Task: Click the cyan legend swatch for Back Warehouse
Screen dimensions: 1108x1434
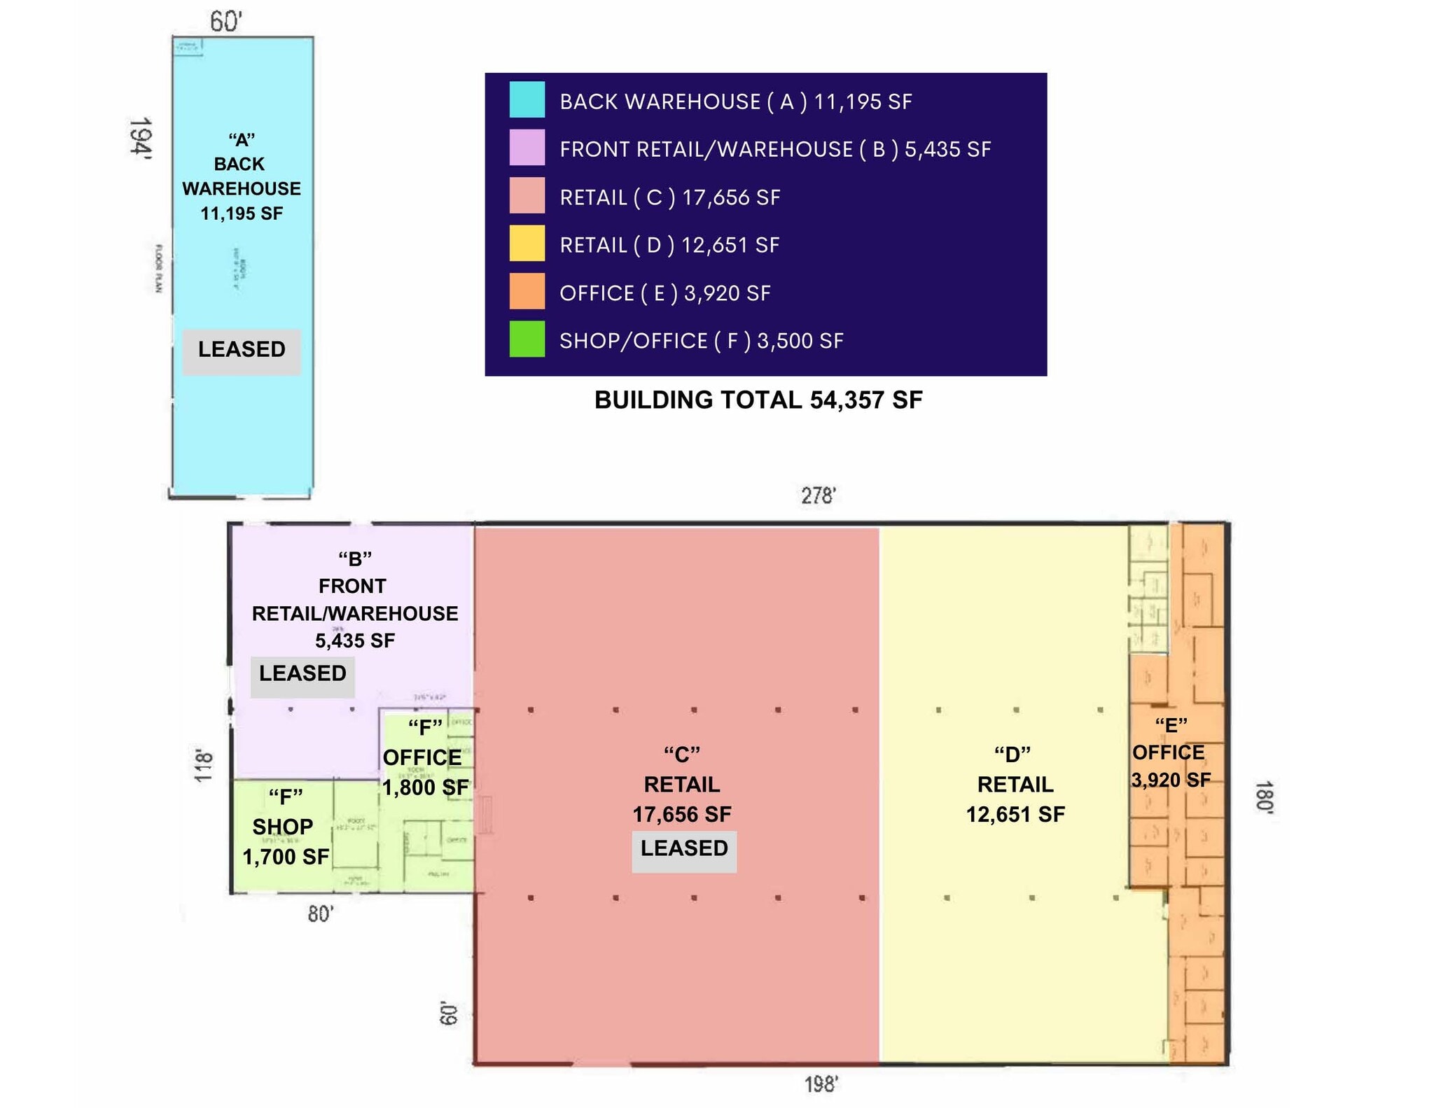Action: coord(527,99)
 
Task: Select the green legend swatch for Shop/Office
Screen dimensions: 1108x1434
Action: coord(527,339)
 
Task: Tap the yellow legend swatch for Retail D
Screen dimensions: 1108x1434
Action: coord(527,244)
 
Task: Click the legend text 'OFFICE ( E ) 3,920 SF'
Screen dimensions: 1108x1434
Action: coord(664,293)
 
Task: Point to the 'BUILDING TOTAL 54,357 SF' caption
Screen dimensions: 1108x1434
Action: coord(758,400)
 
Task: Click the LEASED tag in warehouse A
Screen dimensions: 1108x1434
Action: coord(242,349)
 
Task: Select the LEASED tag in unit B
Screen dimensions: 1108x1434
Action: coord(302,673)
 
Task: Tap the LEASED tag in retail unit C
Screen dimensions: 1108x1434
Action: coord(684,848)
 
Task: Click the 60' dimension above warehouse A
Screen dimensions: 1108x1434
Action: coord(225,22)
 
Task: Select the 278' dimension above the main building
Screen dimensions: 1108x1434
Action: coord(818,496)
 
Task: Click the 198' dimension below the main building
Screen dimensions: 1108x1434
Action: coord(821,1084)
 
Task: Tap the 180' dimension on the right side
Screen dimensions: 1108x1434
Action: coord(1264,797)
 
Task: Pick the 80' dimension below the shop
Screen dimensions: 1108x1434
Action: coord(321,913)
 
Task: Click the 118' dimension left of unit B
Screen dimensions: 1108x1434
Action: coord(202,765)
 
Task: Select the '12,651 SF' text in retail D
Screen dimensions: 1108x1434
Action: coord(1015,814)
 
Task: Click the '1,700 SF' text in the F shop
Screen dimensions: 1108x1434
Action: coord(286,857)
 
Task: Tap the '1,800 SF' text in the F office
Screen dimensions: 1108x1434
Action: coord(425,787)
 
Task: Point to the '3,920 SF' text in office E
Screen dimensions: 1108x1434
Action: coord(1171,780)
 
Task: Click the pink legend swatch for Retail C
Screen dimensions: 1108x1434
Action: coord(527,195)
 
